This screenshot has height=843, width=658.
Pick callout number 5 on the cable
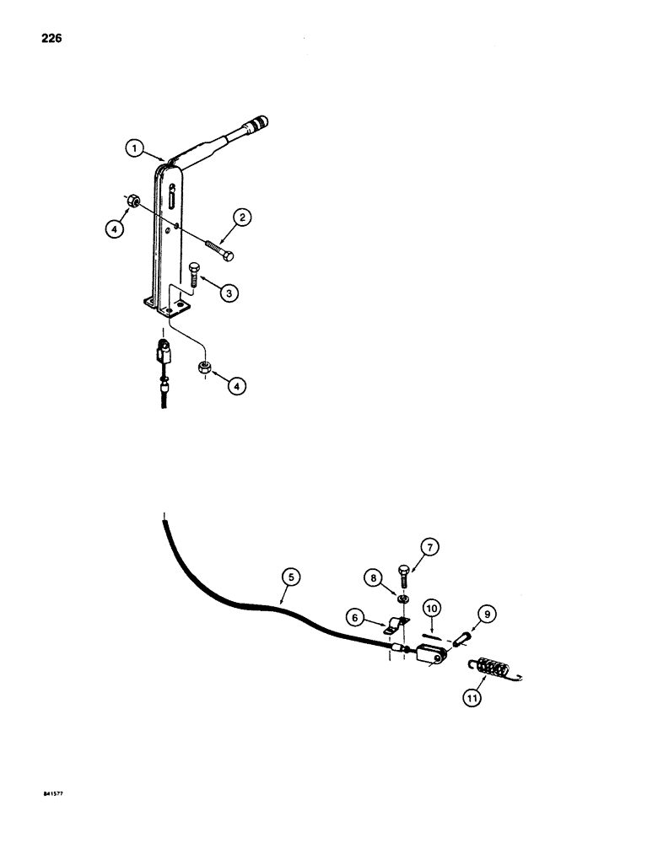pos(290,577)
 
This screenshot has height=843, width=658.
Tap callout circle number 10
pos(432,607)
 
